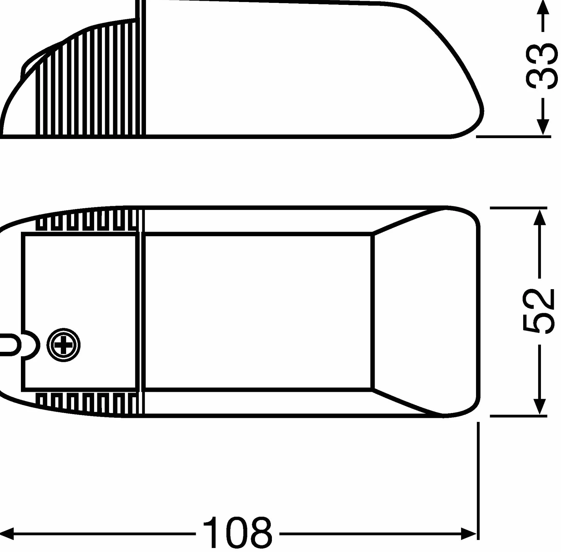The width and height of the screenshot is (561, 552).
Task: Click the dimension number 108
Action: coord(237,533)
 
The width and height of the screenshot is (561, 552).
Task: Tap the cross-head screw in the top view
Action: coord(64,345)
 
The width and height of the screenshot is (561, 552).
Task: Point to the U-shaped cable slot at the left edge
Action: coord(10,344)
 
